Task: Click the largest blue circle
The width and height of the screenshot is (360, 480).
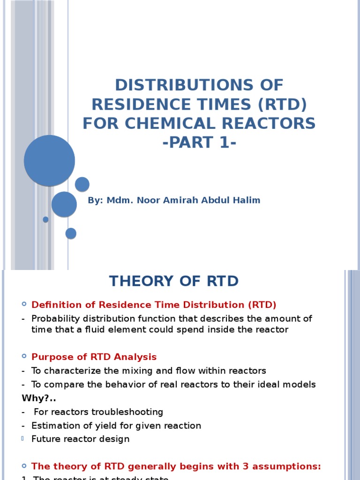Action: pyautogui.click(x=49, y=160)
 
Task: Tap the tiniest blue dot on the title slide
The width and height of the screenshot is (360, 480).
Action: pyautogui.click(x=45, y=219)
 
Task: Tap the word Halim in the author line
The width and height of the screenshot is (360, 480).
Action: pyautogui.click(x=247, y=201)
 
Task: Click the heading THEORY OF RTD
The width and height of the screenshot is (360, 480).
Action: pyautogui.click(x=174, y=281)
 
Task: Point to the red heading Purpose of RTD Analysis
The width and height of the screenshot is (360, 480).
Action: pyautogui.click(x=94, y=357)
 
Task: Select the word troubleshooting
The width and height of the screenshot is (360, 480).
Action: pyautogui.click(x=127, y=412)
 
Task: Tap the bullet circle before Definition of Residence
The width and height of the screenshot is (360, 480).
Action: pyautogui.click(x=24, y=305)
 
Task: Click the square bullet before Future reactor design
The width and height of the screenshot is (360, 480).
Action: pyautogui.click(x=24, y=439)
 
